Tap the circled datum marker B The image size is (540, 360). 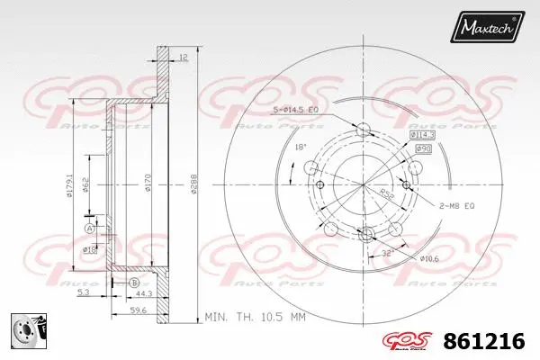point(132,283)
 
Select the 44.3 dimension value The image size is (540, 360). point(143,293)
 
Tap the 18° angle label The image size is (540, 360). point(301,146)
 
